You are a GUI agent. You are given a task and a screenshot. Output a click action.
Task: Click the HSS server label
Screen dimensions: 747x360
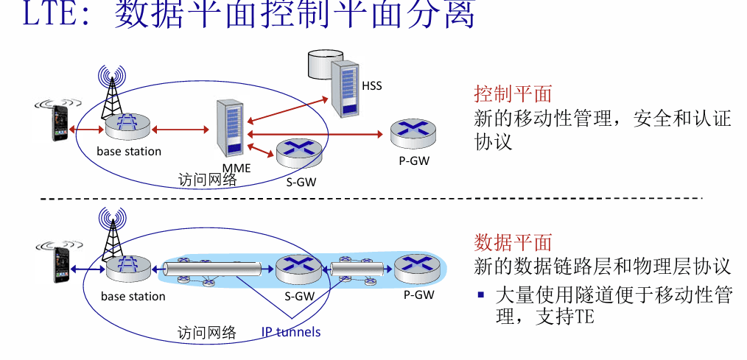(x=371, y=86)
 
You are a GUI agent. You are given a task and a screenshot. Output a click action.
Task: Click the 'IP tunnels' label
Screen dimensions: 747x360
(x=290, y=331)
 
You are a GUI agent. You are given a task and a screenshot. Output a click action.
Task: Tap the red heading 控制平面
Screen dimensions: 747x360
(x=513, y=93)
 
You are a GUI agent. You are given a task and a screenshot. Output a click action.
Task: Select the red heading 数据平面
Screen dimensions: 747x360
(x=513, y=242)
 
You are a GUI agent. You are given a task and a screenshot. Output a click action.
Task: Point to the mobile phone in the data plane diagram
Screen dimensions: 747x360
(x=61, y=265)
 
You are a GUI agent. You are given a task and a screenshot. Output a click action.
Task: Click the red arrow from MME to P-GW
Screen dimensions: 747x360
(x=315, y=134)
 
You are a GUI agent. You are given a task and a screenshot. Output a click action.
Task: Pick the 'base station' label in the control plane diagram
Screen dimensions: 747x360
(x=129, y=152)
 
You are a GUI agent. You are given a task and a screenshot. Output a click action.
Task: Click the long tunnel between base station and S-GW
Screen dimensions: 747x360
(x=212, y=269)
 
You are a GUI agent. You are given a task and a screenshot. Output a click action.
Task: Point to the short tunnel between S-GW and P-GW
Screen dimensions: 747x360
(x=358, y=269)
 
